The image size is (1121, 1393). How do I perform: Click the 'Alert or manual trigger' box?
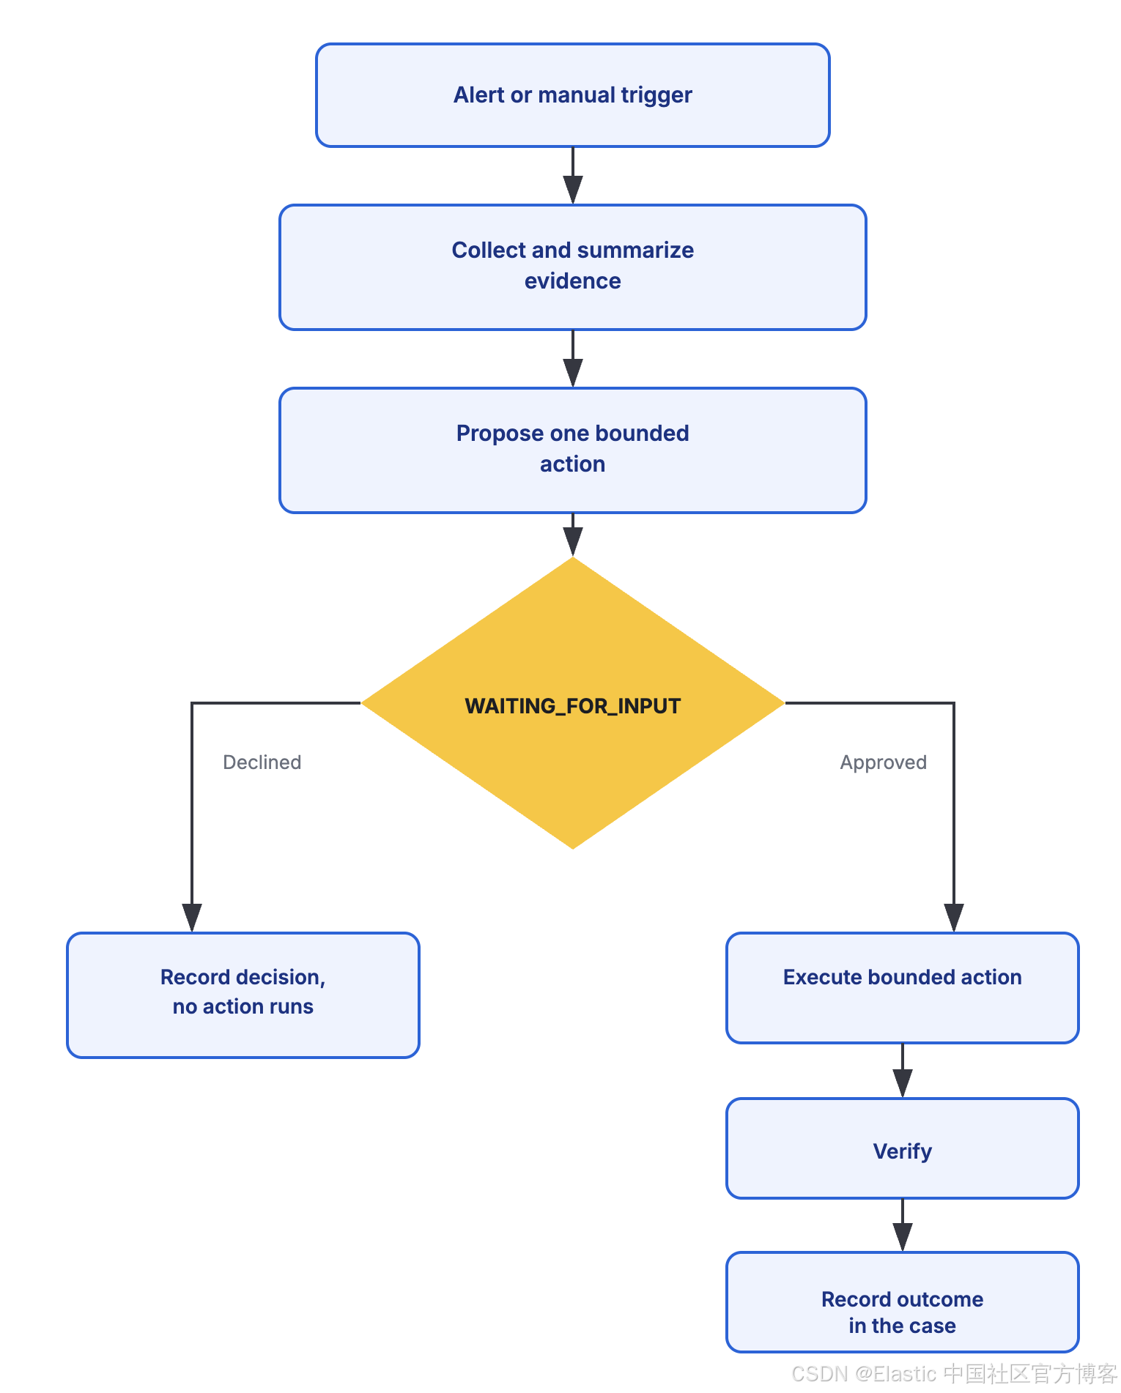tap(572, 95)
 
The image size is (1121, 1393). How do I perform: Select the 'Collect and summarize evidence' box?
tap(572, 267)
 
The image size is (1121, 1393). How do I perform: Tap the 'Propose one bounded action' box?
tap(572, 450)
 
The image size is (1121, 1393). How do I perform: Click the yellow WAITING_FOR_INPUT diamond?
tap(572, 703)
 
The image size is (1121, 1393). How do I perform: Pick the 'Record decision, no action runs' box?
tap(243, 995)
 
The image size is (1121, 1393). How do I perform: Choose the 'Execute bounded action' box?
tap(902, 988)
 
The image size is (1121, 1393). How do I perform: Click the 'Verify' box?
tap(902, 1148)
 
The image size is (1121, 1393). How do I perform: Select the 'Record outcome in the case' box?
tap(902, 1302)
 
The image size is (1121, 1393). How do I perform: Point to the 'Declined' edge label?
tap(262, 762)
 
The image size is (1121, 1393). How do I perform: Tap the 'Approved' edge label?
tap(883, 762)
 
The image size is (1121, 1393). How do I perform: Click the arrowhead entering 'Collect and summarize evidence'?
tap(572, 190)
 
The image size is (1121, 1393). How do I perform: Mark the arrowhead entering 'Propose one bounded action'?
tap(572, 373)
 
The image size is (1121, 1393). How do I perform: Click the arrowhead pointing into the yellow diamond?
tap(572, 542)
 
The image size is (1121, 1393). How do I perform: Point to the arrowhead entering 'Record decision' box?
tap(192, 918)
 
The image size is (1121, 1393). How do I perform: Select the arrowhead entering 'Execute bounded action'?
tap(954, 918)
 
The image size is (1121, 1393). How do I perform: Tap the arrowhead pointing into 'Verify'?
tap(903, 1083)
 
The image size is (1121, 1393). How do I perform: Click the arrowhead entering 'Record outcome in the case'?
tap(903, 1237)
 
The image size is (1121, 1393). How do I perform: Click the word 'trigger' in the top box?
tap(656, 96)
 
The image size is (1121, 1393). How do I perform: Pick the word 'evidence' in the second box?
tap(572, 281)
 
